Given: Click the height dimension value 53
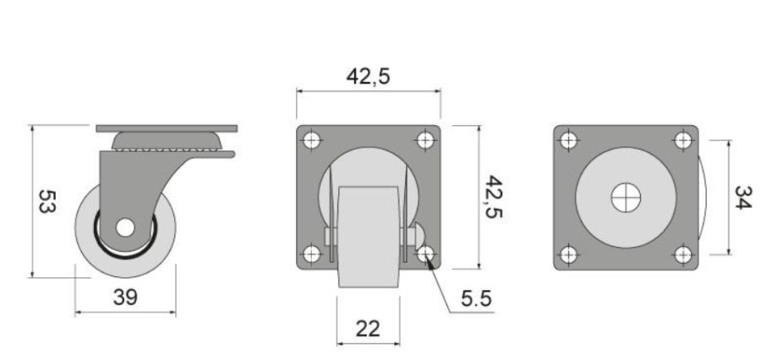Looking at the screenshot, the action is coord(47,201).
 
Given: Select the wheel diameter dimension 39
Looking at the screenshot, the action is coord(125,297).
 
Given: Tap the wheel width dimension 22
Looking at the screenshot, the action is coord(368,329).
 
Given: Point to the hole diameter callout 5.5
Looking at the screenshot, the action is coord(476,298).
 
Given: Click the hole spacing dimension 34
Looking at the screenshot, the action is coord(743,198).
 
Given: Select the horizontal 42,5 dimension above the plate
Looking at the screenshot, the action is coord(368,77).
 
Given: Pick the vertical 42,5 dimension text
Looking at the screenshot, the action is coord(494,197).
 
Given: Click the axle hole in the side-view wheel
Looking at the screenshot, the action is coord(125,227).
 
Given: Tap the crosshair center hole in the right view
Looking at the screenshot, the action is coord(626,198).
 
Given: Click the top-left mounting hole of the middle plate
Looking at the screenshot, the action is coord(311,140).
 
